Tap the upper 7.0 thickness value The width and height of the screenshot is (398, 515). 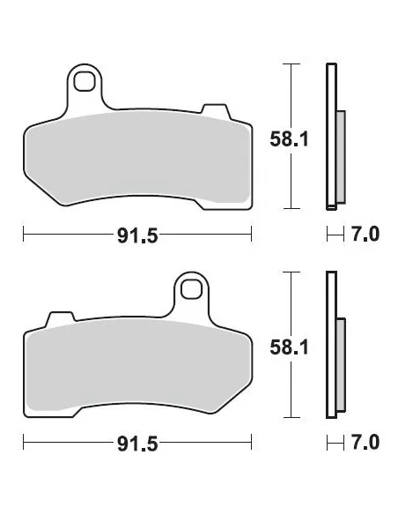365,235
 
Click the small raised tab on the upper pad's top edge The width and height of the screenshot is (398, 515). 212,109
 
